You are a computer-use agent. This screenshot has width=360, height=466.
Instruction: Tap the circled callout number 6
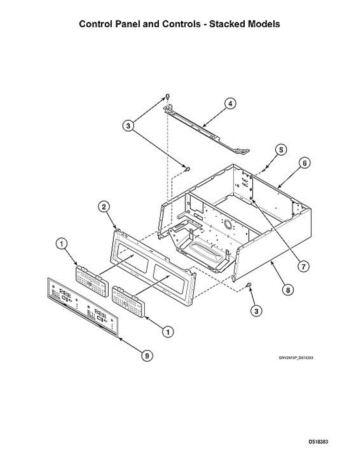pyautogui.click(x=304, y=163)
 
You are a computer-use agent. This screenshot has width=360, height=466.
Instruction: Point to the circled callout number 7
pyautogui.click(x=303, y=266)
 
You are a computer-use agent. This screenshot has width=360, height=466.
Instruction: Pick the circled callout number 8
pyautogui.click(x=288, y=289)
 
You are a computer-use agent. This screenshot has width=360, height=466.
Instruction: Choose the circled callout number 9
pyautogui.click(x=146, y=355)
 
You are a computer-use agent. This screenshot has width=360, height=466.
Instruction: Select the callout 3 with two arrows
pyautogui.click(x=129, y=125)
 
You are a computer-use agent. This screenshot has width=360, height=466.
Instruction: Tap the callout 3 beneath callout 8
pyautogui.click(x=256, y=311)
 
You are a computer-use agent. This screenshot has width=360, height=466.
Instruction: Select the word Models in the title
pyautogui.click(x=263, y=24)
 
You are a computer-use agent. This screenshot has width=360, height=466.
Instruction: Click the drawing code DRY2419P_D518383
pyautogui.click(x=296, y=358)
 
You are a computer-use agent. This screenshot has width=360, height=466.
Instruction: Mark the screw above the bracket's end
pyautogui.click(x=167, y=96)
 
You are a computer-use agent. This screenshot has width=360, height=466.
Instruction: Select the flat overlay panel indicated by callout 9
pyautogui.click(x=82, y=307)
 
